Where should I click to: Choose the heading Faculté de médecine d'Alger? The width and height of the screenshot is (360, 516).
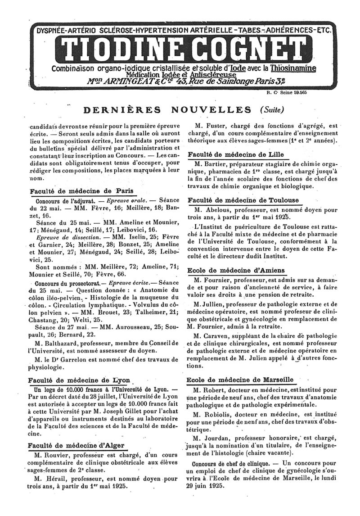76,446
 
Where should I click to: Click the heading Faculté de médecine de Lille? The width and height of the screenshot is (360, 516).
235,154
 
